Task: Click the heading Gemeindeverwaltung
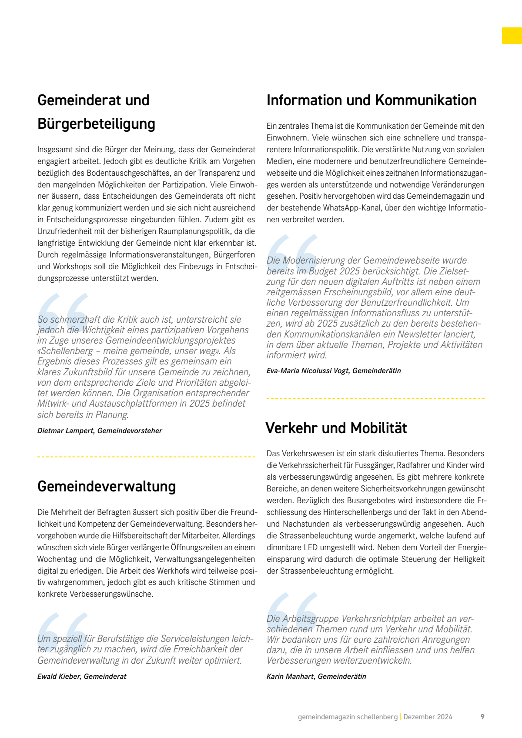(x=107, y=486)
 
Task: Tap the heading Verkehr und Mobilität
(x=336, y=428)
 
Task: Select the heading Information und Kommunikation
(x=371, y=100)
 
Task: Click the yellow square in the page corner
(x=512, y=36)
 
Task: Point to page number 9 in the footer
(x=482, y=717)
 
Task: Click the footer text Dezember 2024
(x=428, y=717)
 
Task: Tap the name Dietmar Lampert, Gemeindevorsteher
(x=100, y=431)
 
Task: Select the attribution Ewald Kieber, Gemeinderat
(x=82, y=676)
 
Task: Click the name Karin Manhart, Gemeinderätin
(x=316, y=676)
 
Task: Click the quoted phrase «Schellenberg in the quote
(x=65, y=351)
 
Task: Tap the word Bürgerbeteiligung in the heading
(x=96, y=124)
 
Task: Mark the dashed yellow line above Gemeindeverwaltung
(x=146, y=457)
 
